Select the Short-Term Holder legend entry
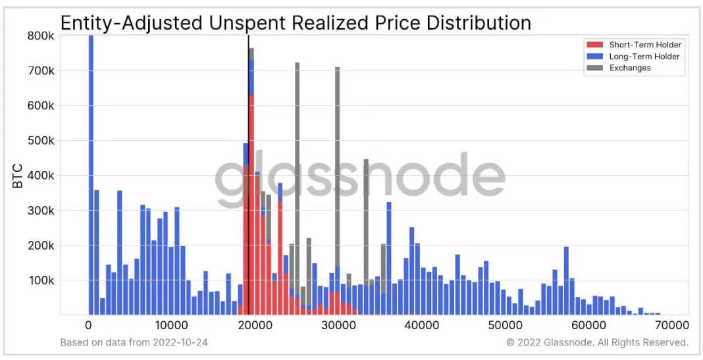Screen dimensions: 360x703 point(644,45)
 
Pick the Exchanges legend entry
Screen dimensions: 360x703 point(630,68)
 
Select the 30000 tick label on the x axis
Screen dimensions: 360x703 point(338,325)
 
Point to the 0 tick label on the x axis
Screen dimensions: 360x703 point(88,325)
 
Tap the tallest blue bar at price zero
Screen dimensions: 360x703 point(91,178)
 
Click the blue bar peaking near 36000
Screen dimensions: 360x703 point(389,257)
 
